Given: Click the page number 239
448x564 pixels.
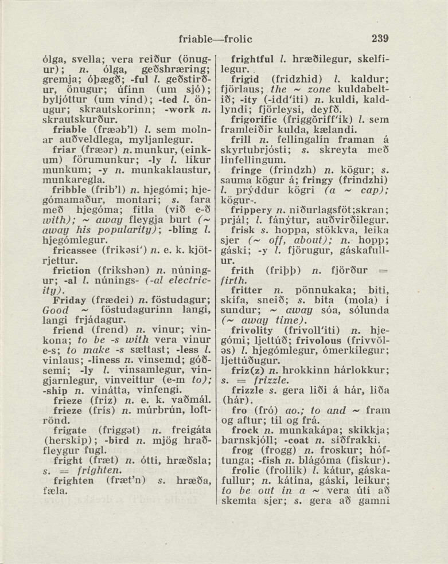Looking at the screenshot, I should pyautogui.click(x=380, y=39).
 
